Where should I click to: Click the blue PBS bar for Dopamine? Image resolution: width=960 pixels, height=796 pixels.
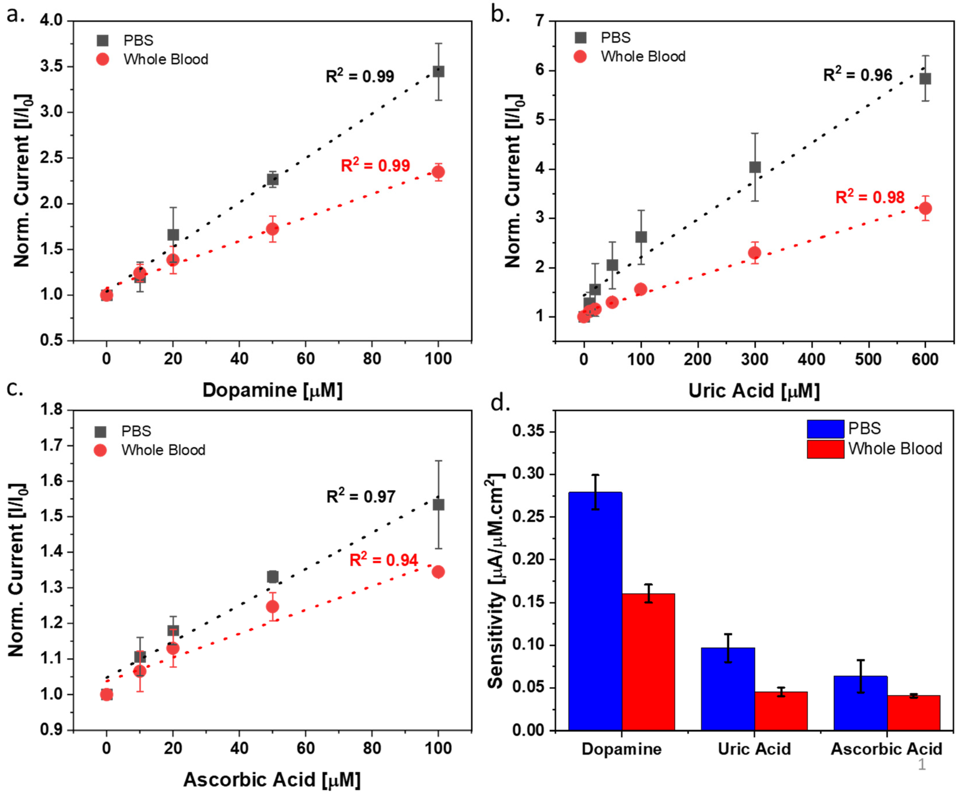coord(595,612)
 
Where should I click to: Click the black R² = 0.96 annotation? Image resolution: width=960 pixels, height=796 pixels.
coord(857,75)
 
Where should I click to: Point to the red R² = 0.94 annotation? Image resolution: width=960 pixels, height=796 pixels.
coord(384,560)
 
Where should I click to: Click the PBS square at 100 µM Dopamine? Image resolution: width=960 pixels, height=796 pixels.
coord(438,71)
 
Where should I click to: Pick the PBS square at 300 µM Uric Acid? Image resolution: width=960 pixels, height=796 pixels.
coord(755,167)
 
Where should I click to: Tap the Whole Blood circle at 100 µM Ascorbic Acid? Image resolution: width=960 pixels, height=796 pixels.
coord(438,572)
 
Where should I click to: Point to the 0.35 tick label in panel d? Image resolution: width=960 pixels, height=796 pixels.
coord(530,431)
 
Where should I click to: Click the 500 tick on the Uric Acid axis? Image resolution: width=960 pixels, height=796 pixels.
coord(868,359)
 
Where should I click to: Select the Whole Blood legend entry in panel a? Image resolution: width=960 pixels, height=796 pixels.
coord(165,59)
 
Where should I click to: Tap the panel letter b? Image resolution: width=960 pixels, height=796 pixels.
coord(500,15)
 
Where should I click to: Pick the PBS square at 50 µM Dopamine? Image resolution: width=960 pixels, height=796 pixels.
coord(273,179)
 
